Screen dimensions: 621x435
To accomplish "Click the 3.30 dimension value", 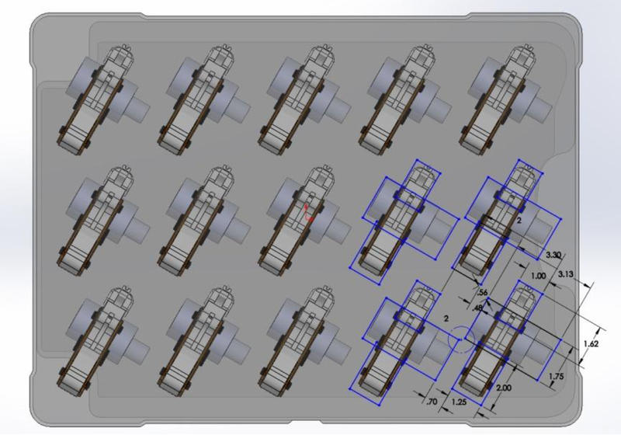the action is click(553, 255).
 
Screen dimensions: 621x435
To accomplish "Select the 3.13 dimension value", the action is click(566, 273).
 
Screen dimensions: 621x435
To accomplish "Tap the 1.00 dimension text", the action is click(538, 276).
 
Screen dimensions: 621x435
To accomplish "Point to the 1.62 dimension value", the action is click(591, 343).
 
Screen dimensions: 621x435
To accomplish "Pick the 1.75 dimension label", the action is click(557, 377).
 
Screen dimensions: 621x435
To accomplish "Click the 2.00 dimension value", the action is click(503, 388).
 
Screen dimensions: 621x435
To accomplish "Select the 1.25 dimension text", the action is click(459, 402).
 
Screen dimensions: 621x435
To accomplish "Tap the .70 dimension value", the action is click(432, 402).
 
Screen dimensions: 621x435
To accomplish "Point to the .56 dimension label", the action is click(482, 293).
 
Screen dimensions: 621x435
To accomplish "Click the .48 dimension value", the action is click(477, 307).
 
